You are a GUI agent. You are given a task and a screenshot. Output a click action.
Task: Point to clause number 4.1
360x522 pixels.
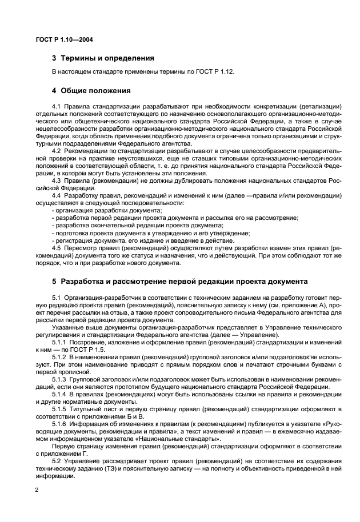[x=57, y=106]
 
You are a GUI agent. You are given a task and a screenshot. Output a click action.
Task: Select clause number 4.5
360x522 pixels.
[x=57, y=248]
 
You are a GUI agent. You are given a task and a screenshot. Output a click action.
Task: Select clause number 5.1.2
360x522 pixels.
[x=60, y=357]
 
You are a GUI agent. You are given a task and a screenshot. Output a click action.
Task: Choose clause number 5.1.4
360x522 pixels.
[x=60, y=394]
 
